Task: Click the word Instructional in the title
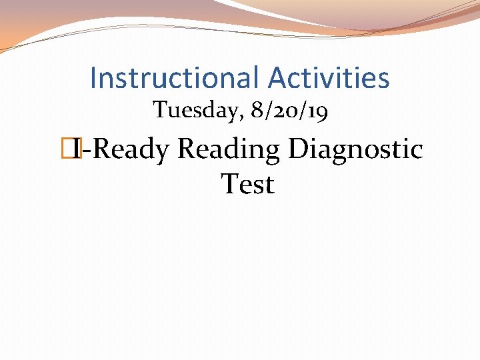pos(175,78)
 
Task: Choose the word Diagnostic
pos(355,149)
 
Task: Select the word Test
pos(247,184)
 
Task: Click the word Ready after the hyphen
pos(131,149)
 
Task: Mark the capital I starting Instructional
pos(93,78)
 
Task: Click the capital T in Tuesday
pos(159,110)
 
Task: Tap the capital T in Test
pos(229,183)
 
